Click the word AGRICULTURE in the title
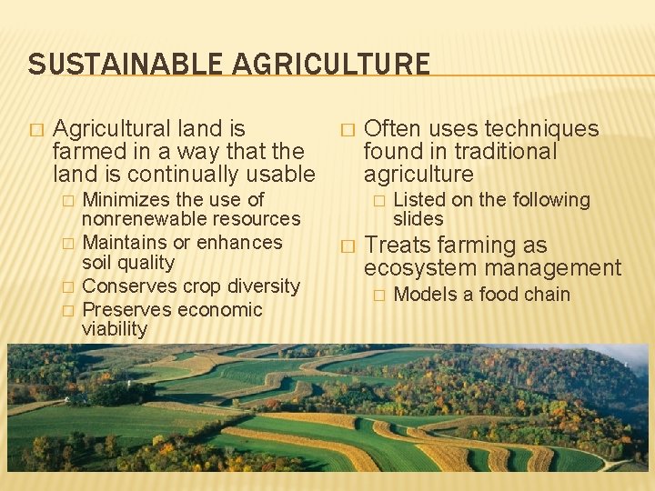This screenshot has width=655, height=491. (x=331, y=65)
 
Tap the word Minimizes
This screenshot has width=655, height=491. (x=124, y=199)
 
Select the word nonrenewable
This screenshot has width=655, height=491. (x=136, y=219)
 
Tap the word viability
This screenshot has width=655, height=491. (x=115, y=329)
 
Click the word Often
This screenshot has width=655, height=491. (x=391, y=129)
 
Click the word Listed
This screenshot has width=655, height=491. (x=419, y=199)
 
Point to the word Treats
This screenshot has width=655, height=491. (x=398, y=245)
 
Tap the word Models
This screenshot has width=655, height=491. (x=422, y=295)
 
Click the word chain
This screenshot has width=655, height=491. (x=547, y=295)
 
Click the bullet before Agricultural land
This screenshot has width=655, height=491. (x=36, y=130)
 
